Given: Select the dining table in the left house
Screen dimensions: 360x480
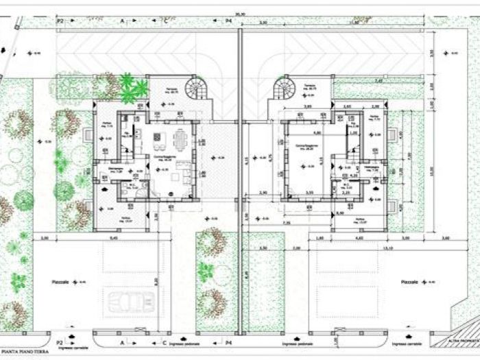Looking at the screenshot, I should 180,141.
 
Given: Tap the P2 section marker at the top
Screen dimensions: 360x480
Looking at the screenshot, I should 60,21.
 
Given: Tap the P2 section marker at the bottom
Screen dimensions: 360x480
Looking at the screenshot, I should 60,341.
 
